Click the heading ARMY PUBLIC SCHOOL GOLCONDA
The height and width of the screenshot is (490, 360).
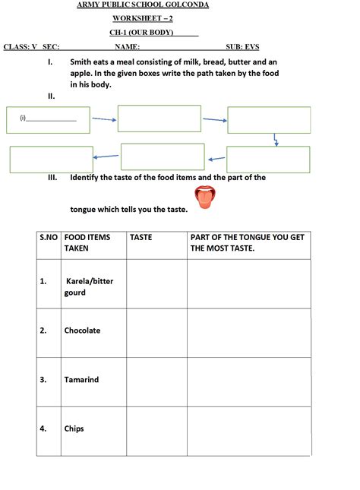(x=143, y=5)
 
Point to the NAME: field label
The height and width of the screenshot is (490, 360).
(x=127, y=46)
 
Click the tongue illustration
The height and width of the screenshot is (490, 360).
(x=204, y=197)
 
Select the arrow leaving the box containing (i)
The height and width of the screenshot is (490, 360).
(x=103, y=119)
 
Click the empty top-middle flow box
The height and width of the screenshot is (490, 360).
(x=159, y=119)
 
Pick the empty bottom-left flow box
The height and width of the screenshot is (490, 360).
(x=51, y=159)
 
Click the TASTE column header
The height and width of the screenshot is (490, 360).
(x=141, y=237)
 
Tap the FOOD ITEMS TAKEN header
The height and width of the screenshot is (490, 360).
(x=87, y=242)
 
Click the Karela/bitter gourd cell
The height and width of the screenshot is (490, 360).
(x=88, y=286)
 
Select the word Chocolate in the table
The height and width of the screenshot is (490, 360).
(x=82, y=330)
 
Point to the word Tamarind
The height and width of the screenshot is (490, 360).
(x=81, y=380)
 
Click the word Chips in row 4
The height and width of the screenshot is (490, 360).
(x=74, y=428)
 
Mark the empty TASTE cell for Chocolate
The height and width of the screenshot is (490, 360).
(x=156, y=332)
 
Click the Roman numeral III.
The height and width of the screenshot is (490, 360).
(x=53, y=178)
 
